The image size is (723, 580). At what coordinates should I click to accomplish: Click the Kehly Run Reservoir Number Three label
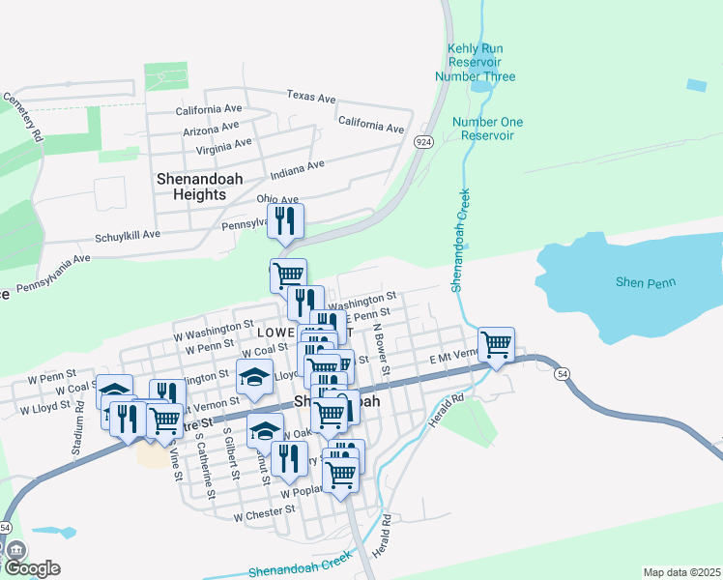click(475, 63)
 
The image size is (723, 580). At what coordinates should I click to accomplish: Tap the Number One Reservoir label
click(487, 129)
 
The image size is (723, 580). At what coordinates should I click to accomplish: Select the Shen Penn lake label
click(646, 282)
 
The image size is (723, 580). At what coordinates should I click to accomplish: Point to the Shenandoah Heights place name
click(198, 187)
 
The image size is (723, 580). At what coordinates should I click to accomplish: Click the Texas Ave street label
click(310, 98)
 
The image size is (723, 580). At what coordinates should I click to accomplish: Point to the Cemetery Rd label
click(24, 118)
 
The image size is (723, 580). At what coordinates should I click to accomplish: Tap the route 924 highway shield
click(423, 142)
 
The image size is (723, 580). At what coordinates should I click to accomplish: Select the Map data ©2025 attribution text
click(680, 572)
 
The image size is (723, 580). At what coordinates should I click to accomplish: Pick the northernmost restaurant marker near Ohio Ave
click(285, 221)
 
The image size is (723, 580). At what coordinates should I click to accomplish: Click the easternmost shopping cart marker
click(496, 344)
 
